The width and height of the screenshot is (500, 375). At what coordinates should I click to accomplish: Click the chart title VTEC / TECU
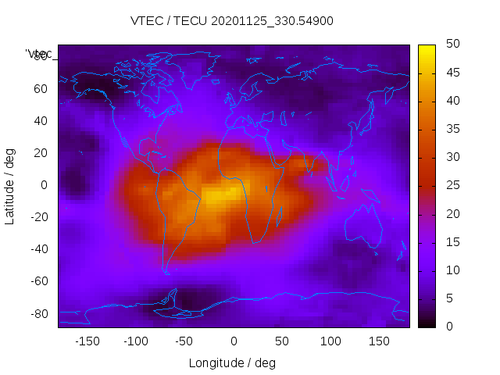click(x=231, y=21)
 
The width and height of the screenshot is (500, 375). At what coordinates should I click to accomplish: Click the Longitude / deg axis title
click(x=232, y=362)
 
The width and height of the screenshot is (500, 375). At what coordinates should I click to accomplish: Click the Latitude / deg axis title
click(x=10, y=185)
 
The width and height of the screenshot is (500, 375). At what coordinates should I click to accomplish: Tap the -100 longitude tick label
click(x=135, y=341)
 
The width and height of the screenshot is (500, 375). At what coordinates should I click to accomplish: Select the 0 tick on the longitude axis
click(x=233, y=341)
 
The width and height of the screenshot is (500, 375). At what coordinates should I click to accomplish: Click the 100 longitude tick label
click(x=330, y=341)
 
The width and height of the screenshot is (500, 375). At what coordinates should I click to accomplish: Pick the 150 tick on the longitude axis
click(x=379, y=341)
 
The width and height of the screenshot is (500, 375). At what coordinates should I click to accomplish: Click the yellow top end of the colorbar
click(x=427, y=48)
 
